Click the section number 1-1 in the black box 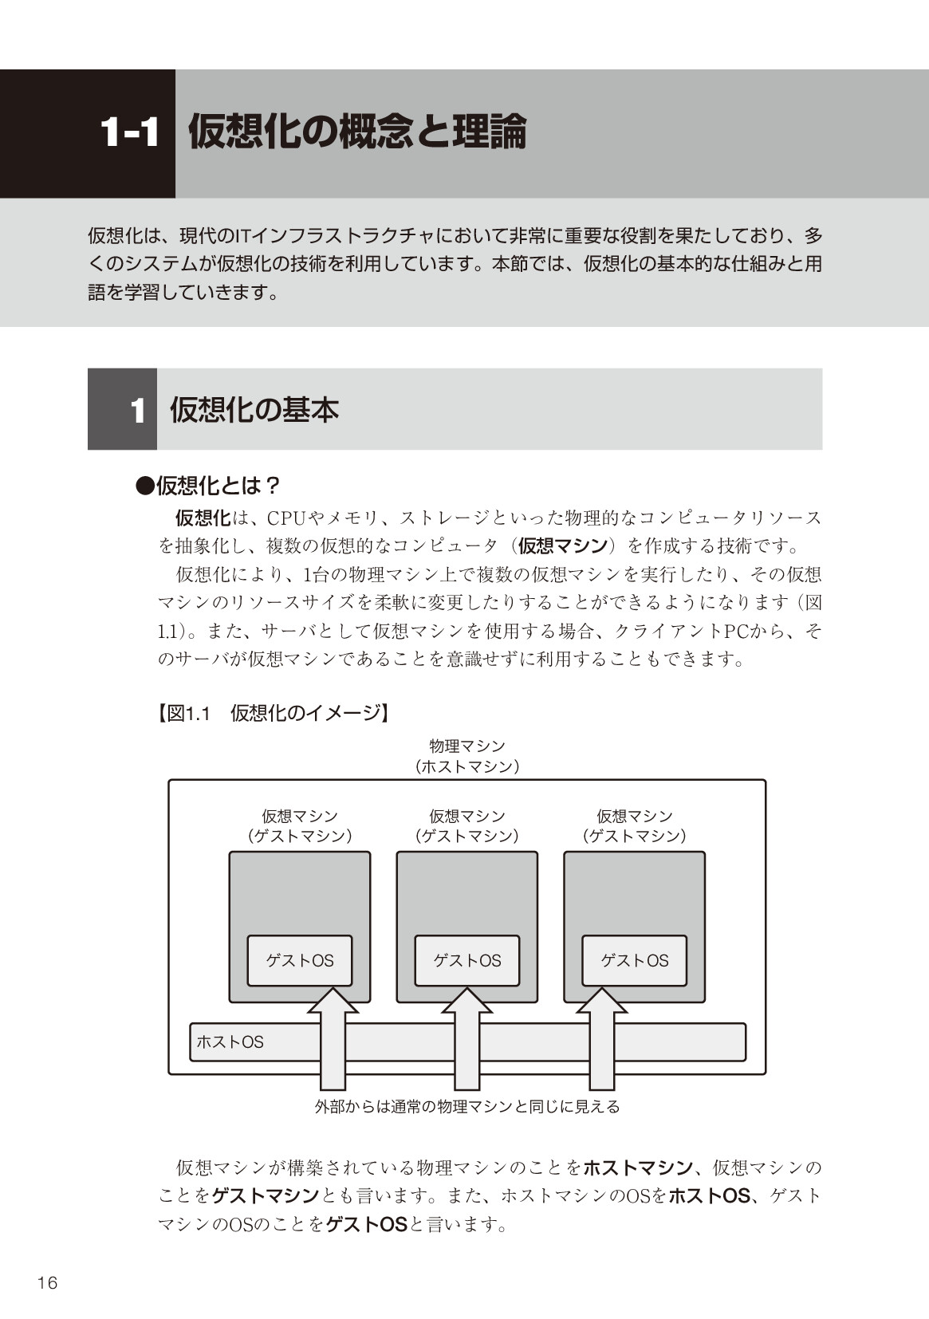pos(129,132)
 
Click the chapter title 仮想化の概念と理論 pos(356,132)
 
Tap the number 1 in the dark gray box pos(138,411)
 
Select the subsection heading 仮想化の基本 pos(254,410)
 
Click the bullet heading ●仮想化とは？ pos(208,486)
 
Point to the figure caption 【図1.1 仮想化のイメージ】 pos(273,713)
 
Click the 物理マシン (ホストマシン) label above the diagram pos(467,756)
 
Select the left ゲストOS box pos(300,960)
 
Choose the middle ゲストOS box pos(466,960)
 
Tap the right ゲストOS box pos(634,960)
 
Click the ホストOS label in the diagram pos(230,1041)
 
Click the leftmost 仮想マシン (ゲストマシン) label pos(300,825)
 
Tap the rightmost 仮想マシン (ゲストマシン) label pos(634,825)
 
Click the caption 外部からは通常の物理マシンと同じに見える pos(467,1106)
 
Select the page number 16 pos(47,1282)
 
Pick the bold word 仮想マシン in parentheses pos(562,545)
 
